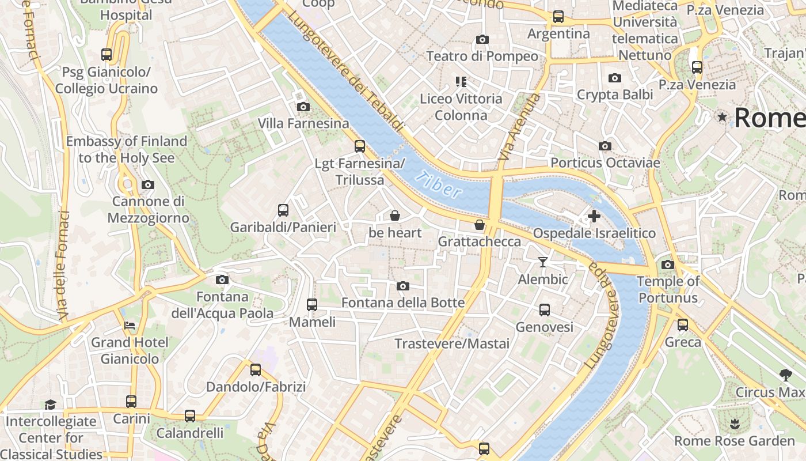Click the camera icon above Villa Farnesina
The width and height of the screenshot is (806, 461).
[303, 107]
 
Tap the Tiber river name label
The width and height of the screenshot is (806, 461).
[440, 185]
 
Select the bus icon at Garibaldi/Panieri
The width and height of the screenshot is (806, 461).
[283, 210]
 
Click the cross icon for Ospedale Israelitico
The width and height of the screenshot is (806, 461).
[594, 217]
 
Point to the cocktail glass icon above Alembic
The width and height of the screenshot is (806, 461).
[542, 262]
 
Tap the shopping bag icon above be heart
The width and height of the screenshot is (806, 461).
[395, 216]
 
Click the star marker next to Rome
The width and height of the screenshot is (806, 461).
[722, 118]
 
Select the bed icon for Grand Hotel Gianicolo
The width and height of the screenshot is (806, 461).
[130, 326]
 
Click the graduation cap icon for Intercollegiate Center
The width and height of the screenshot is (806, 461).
[51, 405]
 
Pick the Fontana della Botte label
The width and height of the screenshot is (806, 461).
[402, 303]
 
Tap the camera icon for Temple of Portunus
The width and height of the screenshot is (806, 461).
[667, 265]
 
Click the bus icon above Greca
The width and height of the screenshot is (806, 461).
[683, 325]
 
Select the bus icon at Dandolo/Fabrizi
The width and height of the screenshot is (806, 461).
[255, 369]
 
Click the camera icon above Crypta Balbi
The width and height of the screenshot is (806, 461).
[614, 78]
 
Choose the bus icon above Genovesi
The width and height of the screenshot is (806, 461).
[544, 310]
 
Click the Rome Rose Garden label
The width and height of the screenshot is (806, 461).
[734, 441]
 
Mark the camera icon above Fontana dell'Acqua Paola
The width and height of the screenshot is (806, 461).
[222, 280]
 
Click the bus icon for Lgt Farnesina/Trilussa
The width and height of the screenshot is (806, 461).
[359, 146]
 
